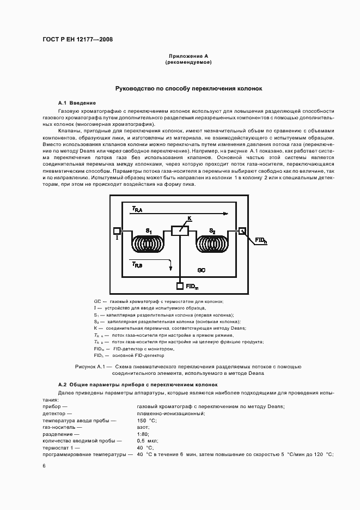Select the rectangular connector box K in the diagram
click(x=180, y=231)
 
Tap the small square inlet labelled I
click(x=117, y=230)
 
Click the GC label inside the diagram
click(x=201, y=270)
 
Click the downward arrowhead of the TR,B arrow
click(x=171, y=268)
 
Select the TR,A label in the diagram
click(x=137, y=209)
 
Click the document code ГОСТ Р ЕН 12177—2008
click(x=77, y=40)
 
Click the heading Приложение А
click(x=188, y=56)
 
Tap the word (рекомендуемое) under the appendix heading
click(x=188, y=63)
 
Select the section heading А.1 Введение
click(x=77, y=103)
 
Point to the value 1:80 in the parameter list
click(x=143, y=434)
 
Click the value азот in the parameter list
click(x=143, y=428)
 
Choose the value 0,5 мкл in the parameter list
click(x=148, y=441)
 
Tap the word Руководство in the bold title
click(x=134, y=88)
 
